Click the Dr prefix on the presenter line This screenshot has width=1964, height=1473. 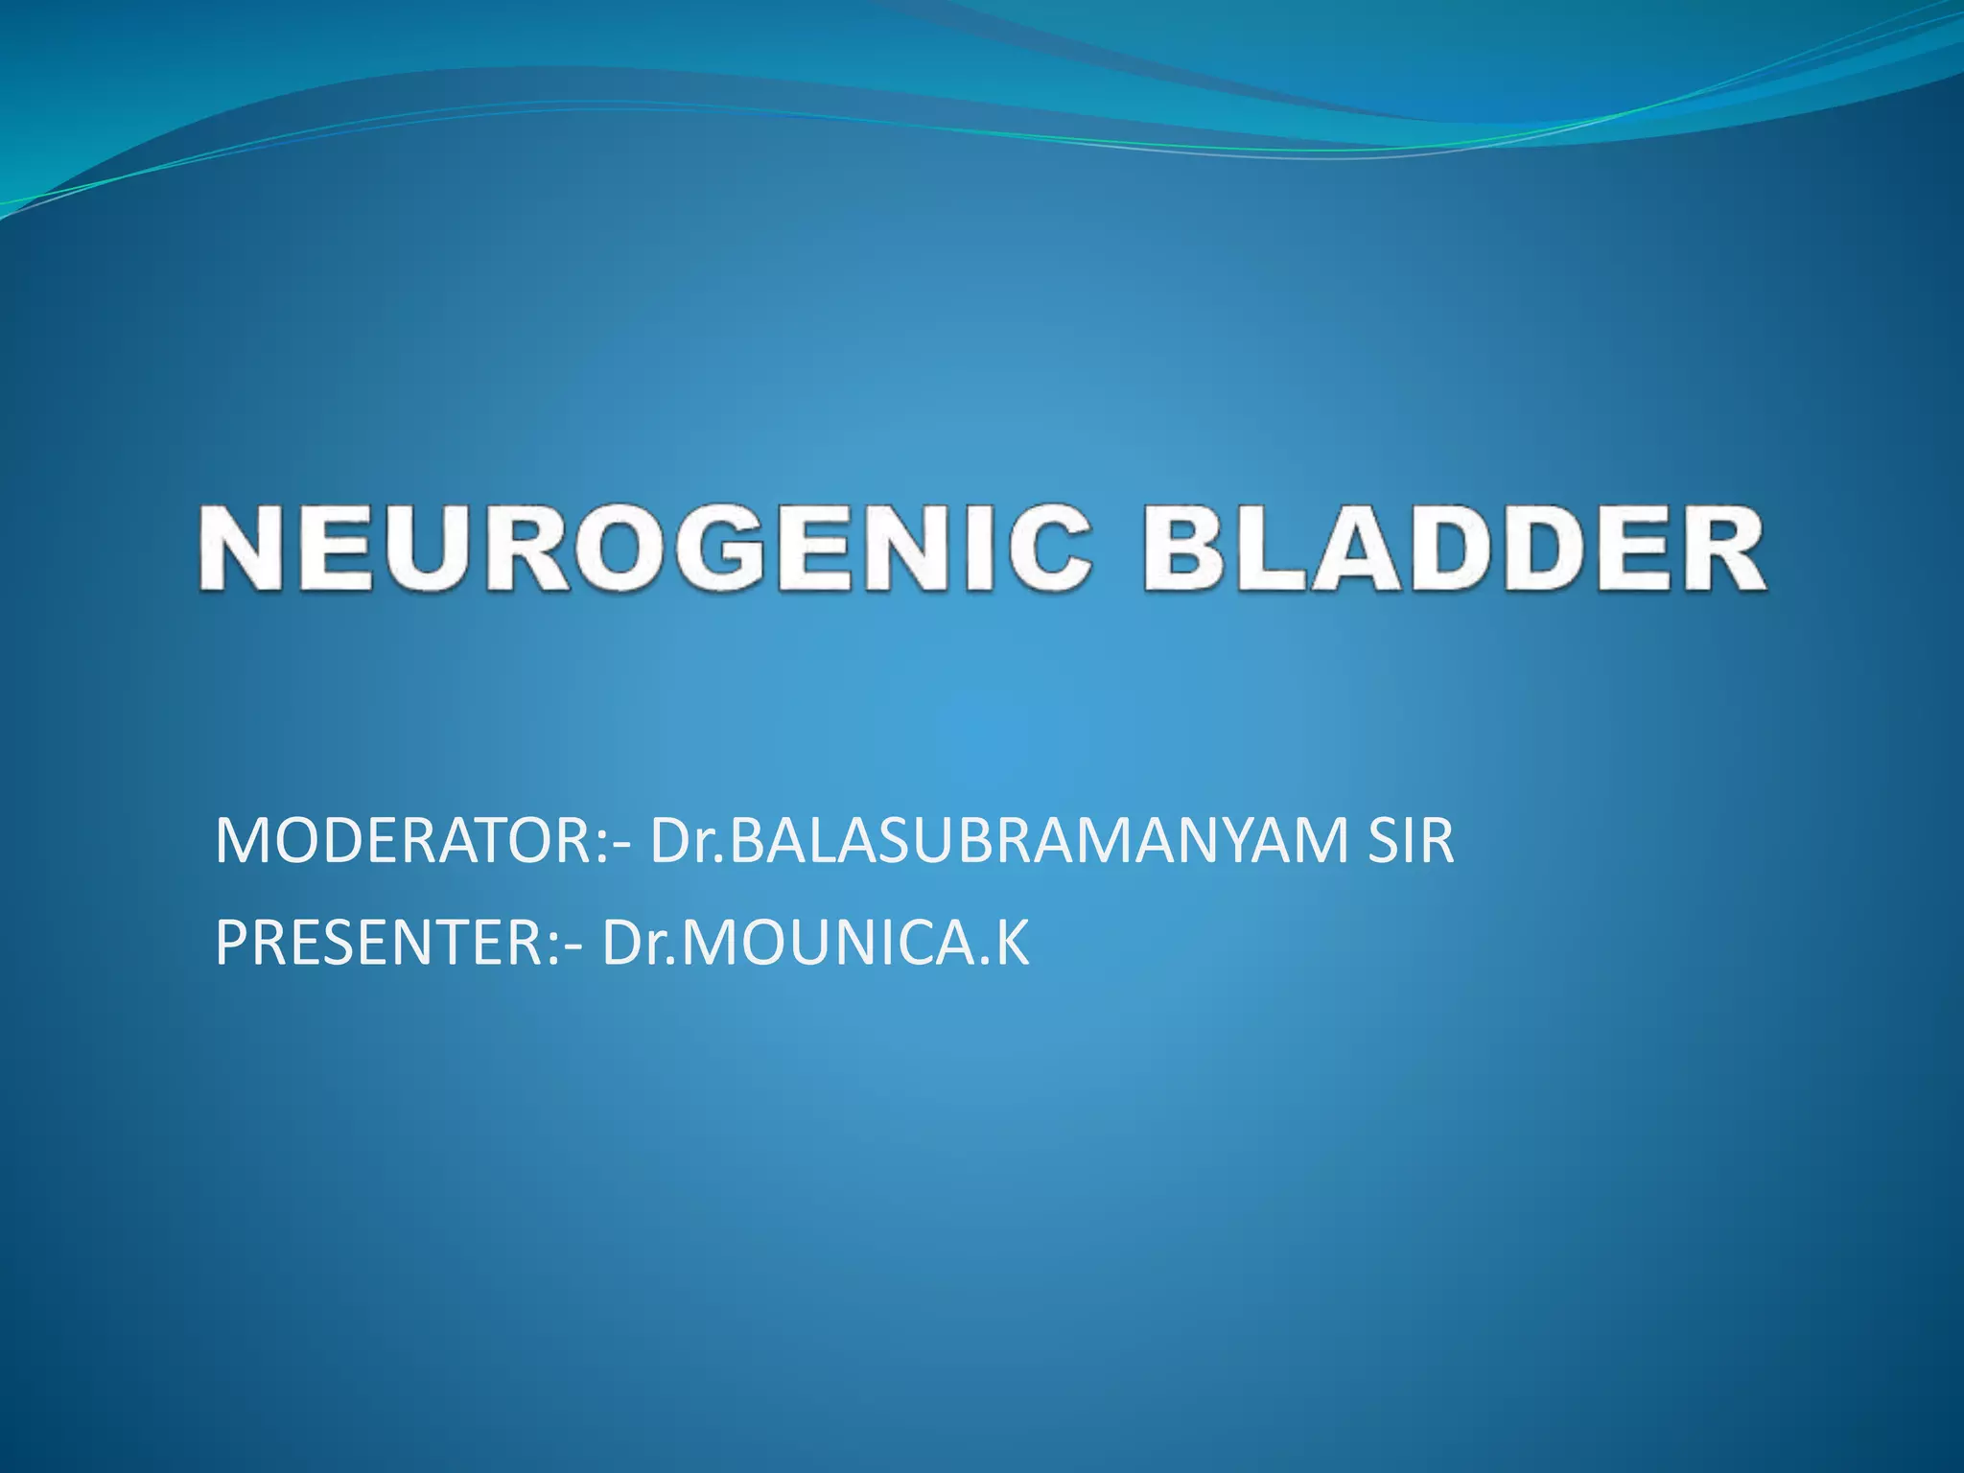pos(634,944)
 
